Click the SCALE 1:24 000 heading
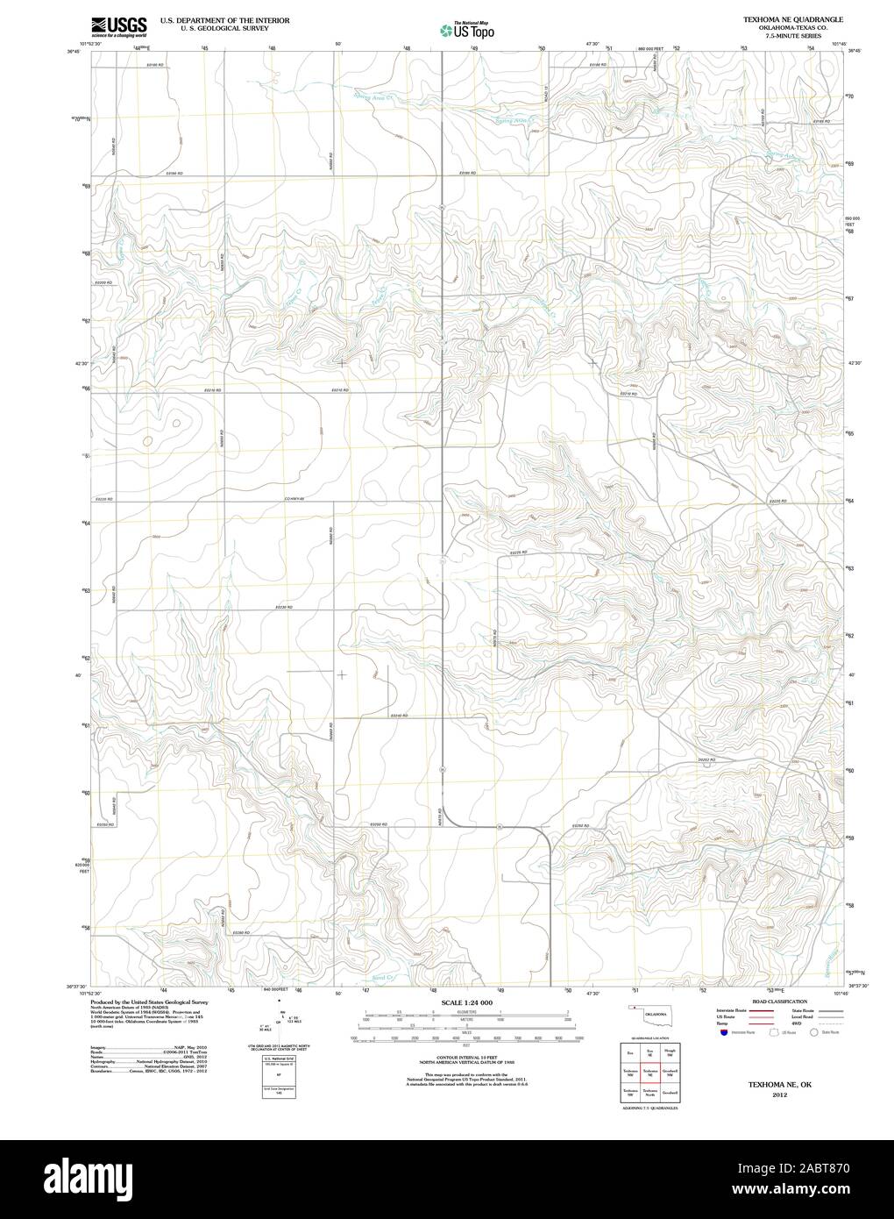(x=466, y=1002)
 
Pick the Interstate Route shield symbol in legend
(x=720, y=1033)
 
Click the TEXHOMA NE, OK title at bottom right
(x=774, y=1084)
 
